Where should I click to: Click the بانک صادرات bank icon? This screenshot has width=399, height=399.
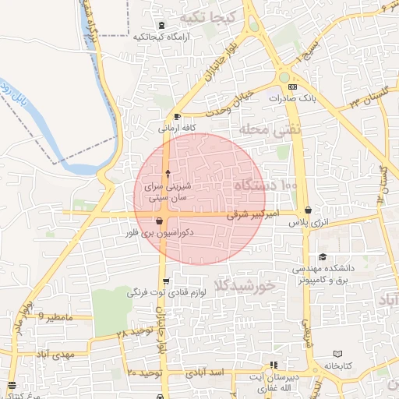point(291,87)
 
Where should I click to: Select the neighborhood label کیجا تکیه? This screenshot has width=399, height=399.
point(206,16)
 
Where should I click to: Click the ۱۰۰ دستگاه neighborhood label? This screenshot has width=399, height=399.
point(264,185)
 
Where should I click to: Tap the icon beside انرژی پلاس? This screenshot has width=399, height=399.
point(310,210)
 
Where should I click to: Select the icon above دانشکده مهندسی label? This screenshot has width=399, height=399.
point(322,257)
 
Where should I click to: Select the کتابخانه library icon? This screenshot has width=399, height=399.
point(337,354)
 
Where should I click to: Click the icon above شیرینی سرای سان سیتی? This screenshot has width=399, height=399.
point(168,171)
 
